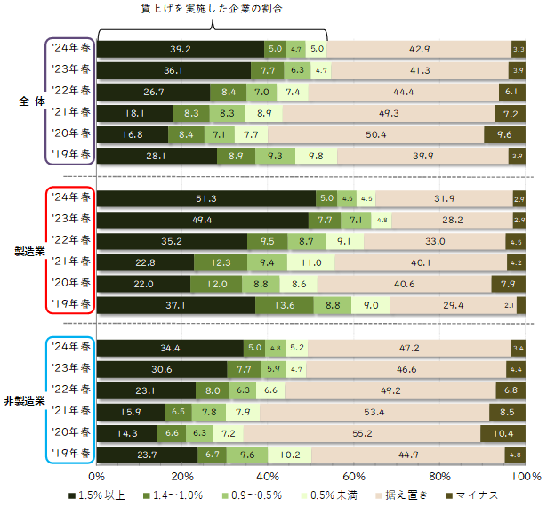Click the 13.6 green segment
coord(285,305)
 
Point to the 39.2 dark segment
coord(181,48)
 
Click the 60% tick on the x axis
coord(354,477)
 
